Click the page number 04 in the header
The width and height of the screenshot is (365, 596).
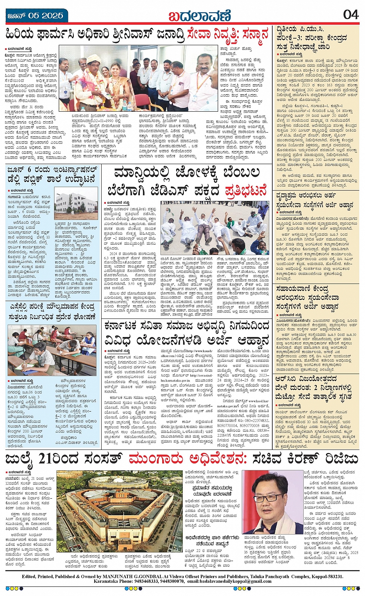[x=351, y=14]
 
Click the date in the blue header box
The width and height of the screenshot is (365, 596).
[x=36, y=15]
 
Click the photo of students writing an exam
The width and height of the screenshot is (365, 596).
[x=52, y=350]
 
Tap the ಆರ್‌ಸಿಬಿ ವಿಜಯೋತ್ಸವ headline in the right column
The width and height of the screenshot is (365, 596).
[x=306, y=379]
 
